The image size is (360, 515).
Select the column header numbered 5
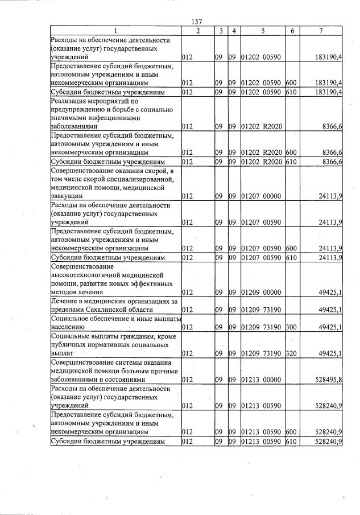tap(263, 31)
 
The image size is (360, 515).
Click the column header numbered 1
tap(115, 31)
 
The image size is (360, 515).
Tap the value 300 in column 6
tap(291, 327)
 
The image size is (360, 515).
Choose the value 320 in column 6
tap(291, 353)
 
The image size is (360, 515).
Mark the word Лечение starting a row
tap(65, 301)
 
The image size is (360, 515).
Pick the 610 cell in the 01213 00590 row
tap(291, 441)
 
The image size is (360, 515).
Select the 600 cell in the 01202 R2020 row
tap(291, 152)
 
